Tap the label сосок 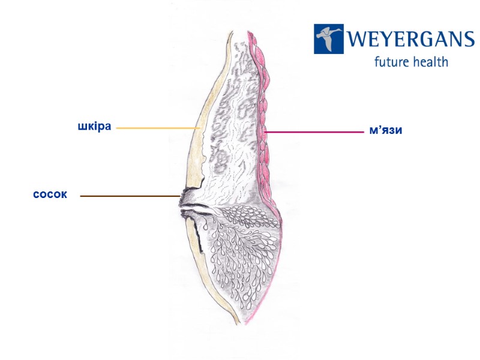pyautogui.click(x=50, y=195)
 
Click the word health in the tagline pyautogui.click(x=429, y=61)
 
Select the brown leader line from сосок pyautogui.click(x=129, y=196)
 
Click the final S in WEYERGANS pyautogui.click(x=468, y=40)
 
